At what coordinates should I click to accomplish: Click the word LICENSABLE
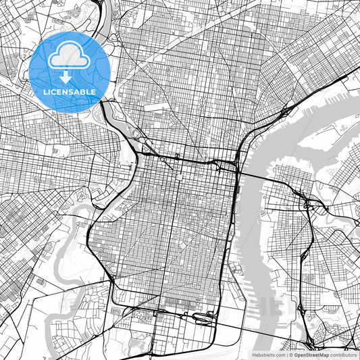[69, 91]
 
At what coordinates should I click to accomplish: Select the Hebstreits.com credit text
[269, 354]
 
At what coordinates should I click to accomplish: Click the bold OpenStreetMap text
[311, 354]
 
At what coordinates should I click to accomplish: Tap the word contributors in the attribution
[344, 354]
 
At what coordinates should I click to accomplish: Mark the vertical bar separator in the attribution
[286, 354]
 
